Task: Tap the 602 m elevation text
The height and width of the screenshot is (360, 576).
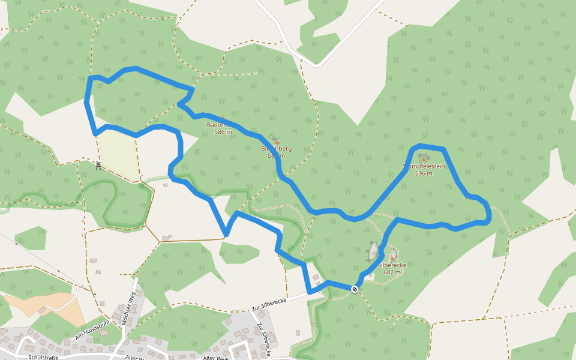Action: point(392,272)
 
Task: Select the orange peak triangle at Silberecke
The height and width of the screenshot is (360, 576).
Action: point(392,257)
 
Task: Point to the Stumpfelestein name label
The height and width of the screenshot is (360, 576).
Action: point(424,166)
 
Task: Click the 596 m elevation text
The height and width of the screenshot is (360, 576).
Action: point(424,173)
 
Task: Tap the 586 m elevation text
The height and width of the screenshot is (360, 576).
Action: point(223,132)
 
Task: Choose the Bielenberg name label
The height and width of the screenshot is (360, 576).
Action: point(276,148)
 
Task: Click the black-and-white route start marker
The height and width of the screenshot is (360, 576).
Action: point(355,289)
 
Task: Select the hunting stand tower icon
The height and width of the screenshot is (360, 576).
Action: point(98,164)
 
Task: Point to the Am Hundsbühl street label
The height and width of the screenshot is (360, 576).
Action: point(91,330)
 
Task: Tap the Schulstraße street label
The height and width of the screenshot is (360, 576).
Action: point(43,357)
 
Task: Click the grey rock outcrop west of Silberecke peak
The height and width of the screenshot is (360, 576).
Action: point(373,251)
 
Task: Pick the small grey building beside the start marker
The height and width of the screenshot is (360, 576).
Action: point(370,276)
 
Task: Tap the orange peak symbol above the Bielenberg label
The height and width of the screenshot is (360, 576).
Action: point(276,140)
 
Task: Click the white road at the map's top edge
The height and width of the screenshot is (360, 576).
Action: point(282,24)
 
